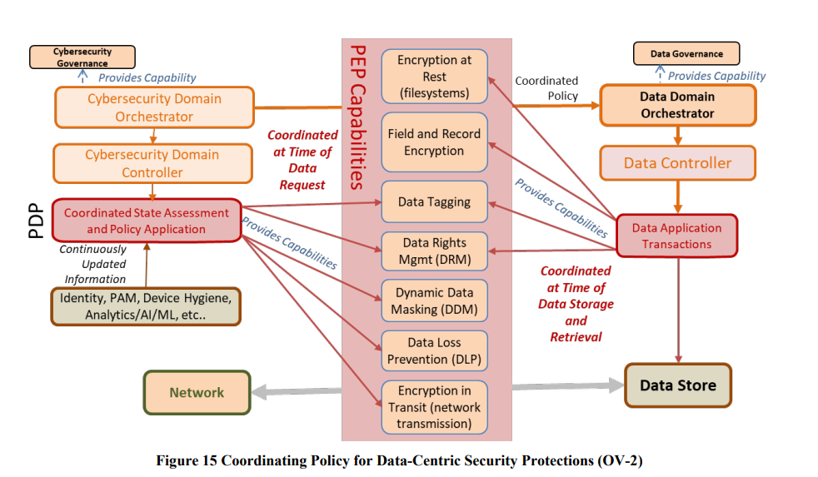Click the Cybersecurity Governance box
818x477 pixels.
click(82, 57)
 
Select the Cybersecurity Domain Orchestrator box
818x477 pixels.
click(153, 107)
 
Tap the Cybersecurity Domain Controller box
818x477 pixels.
click(152, 163)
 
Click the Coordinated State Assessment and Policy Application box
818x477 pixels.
click(146, 221)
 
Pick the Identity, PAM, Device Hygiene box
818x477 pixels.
click(145, 306)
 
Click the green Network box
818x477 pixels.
click(197, 392)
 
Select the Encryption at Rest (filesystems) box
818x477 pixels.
click(434, 77)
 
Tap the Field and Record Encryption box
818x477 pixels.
click(434, 142)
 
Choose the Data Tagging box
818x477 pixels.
click(434, 201)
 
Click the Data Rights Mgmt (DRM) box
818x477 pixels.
click(434, 251)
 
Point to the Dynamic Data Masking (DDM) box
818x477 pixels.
click(434, 301)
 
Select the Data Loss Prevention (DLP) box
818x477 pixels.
click(434, 350)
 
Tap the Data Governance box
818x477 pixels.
click(686, 54)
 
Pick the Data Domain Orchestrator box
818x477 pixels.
click(677, 105)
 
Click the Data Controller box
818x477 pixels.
click(677, 163)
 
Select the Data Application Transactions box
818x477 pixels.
click(676, 236)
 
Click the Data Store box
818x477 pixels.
click(677, 385)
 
